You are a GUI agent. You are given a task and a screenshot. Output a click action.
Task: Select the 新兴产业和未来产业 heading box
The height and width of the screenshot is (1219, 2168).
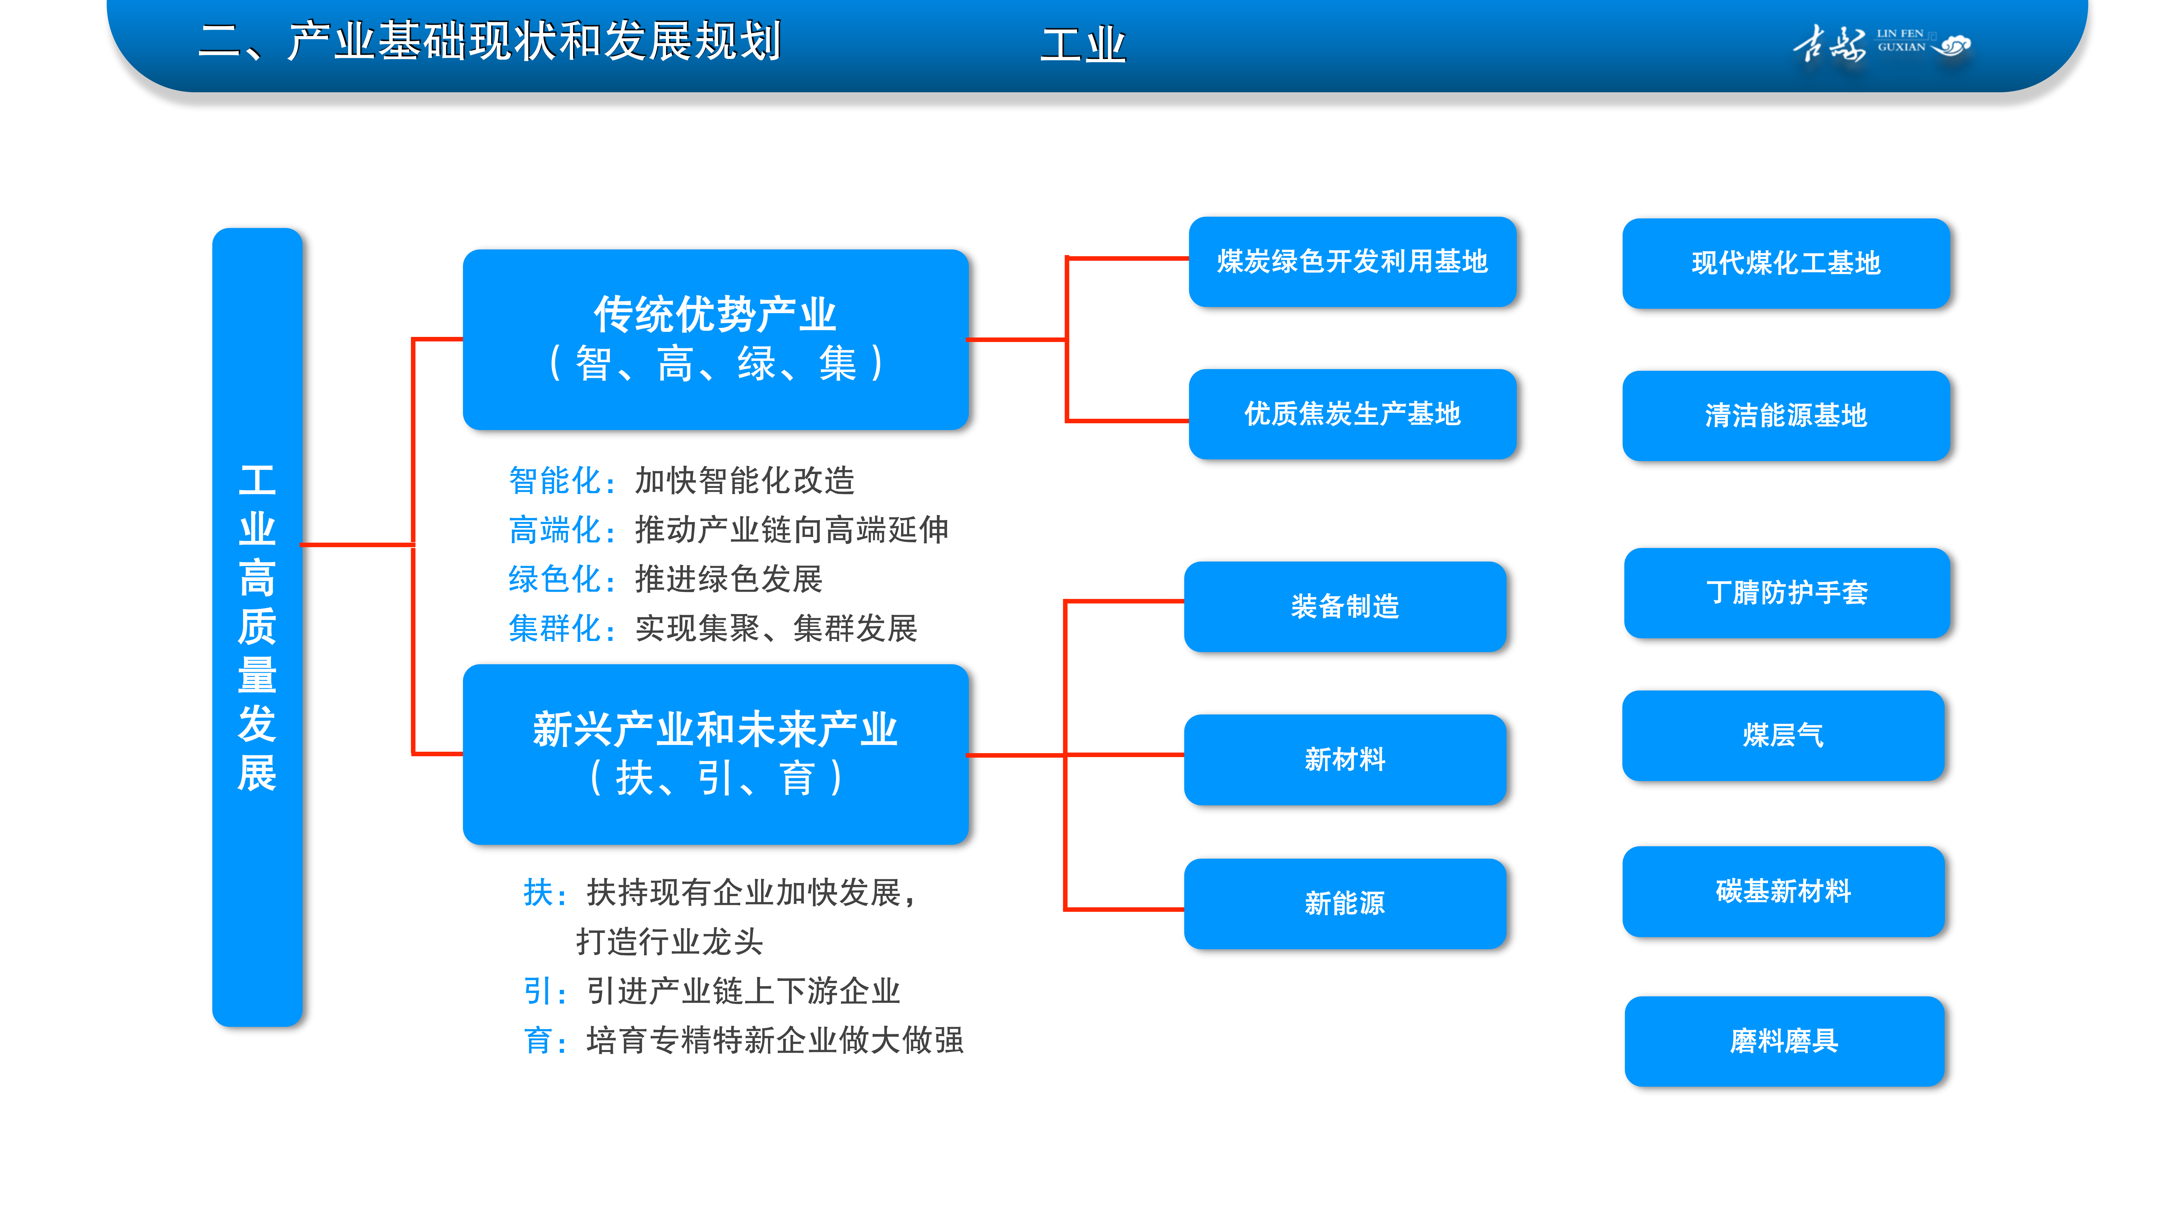click(715, 755)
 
